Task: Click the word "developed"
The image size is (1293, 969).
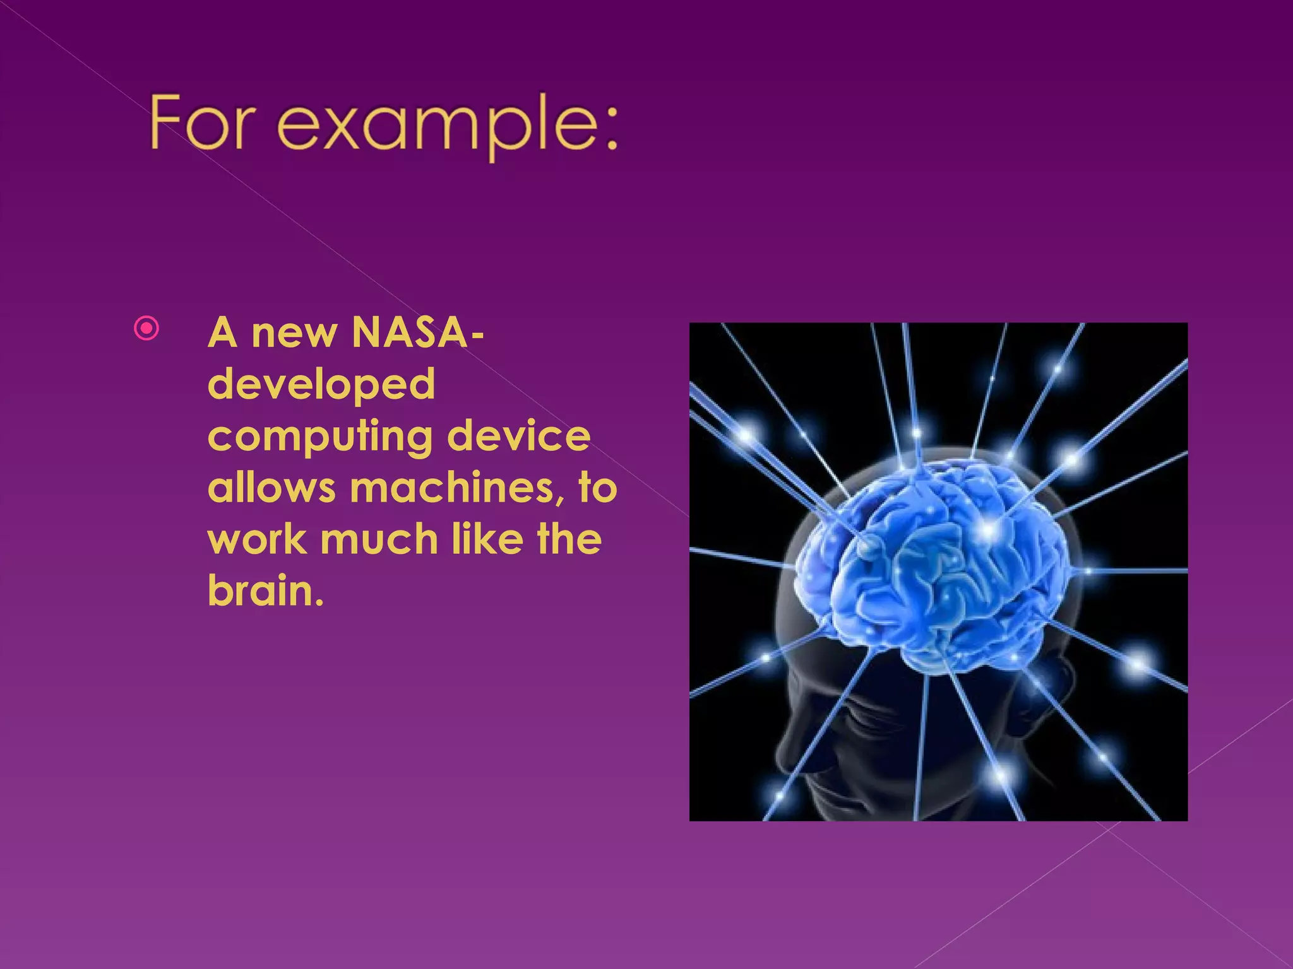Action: coord(321,385)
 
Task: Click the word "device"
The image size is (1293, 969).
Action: coord(519,436)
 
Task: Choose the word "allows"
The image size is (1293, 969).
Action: coord(271,488)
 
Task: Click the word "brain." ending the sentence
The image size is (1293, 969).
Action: coord(265,592)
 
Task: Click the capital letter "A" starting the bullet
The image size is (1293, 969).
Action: coord(222,332)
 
